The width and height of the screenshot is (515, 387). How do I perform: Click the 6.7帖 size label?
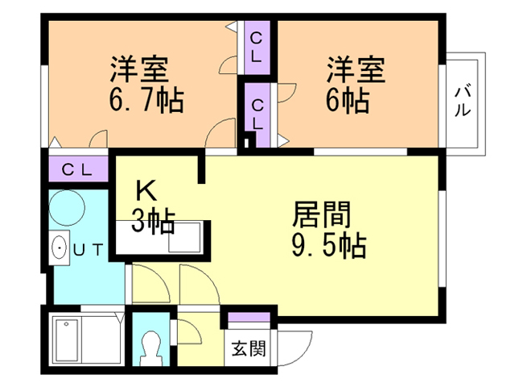coord(146,100)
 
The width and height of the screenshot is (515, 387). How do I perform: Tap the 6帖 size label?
coord(348,100)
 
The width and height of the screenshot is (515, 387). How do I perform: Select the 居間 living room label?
coord(322,215)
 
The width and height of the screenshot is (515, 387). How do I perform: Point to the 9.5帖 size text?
coord(329,245)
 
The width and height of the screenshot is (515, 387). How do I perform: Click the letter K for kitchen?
coord(146,191)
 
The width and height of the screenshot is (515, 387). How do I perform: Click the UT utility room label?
coord(88,250)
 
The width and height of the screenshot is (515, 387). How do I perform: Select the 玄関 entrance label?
coord(249,348)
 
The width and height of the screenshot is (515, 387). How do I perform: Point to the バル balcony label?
coord(463,102)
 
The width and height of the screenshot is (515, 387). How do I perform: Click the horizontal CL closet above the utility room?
coord(78,169)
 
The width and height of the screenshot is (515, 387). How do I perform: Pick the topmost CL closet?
coord(257,48)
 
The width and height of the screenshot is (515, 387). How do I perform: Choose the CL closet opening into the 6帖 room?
coord(257,114)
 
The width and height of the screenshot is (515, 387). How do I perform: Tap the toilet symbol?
coord(150,347)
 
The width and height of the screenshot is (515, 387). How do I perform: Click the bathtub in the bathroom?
coord(67,340)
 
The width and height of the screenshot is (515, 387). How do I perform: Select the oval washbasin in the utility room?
coord(60,248)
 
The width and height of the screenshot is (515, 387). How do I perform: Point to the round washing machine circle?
coord(67,208)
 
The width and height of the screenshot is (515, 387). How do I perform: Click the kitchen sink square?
coord(184,237)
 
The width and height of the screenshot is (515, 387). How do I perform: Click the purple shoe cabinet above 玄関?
coord(249,317)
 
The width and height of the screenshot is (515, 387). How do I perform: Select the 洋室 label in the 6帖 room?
coord(356,70)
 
